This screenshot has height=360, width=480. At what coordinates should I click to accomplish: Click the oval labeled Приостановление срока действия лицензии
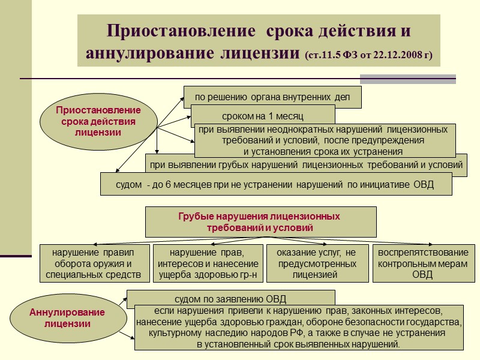pyautogui.click(x=98, y=121)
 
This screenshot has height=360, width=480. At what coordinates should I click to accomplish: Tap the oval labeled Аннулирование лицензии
pyautogui.click(x=68, y=318)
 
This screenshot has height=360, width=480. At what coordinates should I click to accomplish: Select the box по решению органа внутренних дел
pyautogui.click(x=272, y=96)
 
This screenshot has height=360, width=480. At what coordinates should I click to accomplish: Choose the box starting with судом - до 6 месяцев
pyautogui.click(x=275, y=184)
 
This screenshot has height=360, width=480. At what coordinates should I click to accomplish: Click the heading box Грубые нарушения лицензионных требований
pyautogui.click(x=260, y=222)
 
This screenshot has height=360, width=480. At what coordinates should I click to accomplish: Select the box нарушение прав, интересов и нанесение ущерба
pyautogui.click(x=208, y=263)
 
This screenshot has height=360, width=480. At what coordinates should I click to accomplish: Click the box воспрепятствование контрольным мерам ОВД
pyautogui.click(x=422, y=263)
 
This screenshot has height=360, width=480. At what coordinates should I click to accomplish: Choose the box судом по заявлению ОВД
pyautogui.click(x=230, y=298)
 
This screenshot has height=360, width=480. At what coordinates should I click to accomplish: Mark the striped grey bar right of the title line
pyautogui.click(x=407, y=79)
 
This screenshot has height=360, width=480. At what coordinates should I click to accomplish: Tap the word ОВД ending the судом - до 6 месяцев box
pyautogui.click(x=424, y=184)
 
